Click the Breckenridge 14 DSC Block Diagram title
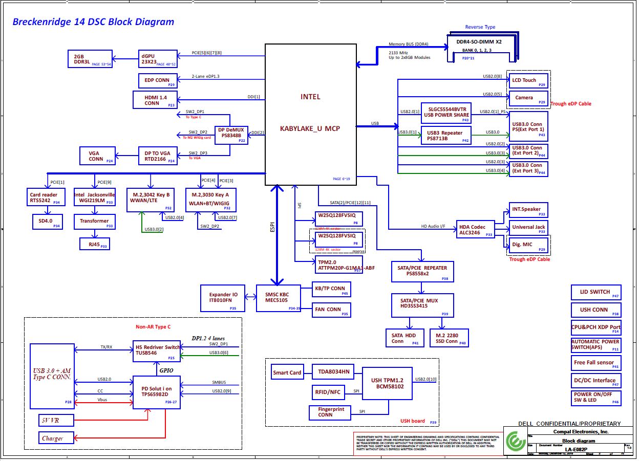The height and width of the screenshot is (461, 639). (x=93, y=22)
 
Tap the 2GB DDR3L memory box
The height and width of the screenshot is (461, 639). (x=90, y=59)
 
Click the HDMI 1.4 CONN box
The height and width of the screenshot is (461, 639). (x=155, y=100)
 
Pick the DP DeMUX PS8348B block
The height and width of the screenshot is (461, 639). (x=231, y=135)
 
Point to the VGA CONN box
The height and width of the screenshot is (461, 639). (x=96, y=155)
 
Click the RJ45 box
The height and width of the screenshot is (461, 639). (x=95, y=244)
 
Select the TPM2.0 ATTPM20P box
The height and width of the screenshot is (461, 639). (x=339, y=265)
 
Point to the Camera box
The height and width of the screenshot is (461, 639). (x=528, y=98)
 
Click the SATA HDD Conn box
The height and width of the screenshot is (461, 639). (x=404, y=338)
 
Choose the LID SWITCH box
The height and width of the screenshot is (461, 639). (x=596, y=292)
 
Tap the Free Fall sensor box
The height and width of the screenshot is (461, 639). (x=596, y=363)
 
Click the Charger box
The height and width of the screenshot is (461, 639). (x=56, y=438)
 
